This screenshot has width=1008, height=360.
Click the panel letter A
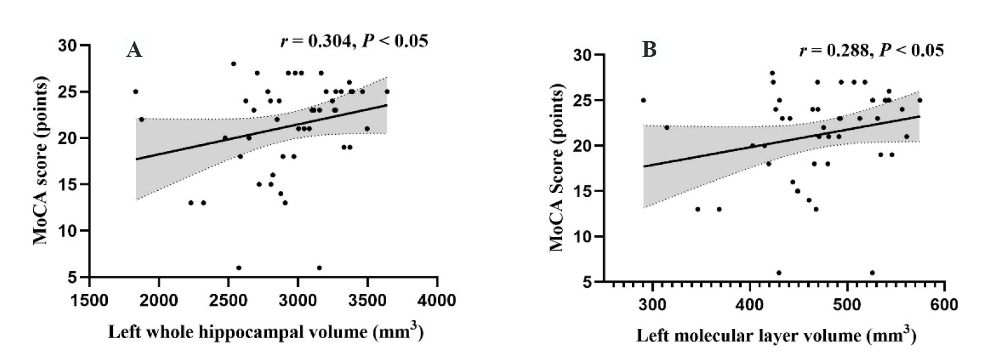[x=134, y=50]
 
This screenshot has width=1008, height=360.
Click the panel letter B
[x=649, y=50]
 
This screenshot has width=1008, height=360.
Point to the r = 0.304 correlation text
[x=354, y=41]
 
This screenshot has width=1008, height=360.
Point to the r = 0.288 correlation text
[x=871, y=51]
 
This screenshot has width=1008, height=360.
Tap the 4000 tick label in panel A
[x=437, y=300]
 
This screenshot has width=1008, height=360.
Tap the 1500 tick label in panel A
[x=89, y=300]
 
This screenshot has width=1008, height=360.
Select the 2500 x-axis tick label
[x=228, y=300]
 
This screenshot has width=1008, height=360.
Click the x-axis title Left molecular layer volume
[x=776, y=336]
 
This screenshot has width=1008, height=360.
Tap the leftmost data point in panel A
[x=135, y=92]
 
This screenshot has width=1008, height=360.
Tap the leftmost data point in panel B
[x=643, y=100]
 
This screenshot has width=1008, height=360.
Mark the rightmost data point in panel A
[x=387, y=92]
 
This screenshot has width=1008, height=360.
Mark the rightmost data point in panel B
[x=919, y=100]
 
